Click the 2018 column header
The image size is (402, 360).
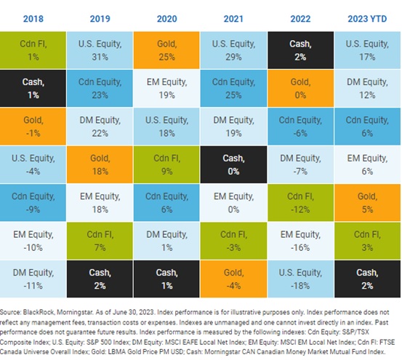click(33, 19)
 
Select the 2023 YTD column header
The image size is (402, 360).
click(367, 19)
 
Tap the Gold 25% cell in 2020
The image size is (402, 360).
click(166, 50)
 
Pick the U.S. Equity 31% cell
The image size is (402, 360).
click(100, 50)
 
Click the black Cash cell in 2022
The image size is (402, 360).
click(300, 50)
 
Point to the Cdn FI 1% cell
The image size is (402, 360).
click(33, 50)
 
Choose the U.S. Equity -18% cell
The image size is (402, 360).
click(300, 279)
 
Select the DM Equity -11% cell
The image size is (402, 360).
click(33, 279)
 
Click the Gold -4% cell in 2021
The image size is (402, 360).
click(233, 279)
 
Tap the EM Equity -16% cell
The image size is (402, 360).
click(300, 241)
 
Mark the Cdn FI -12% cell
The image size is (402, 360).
click(300, 203)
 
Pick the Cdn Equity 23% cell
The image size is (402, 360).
click(100, 88)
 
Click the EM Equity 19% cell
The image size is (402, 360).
click(166, 88)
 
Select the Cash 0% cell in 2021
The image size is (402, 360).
click(233, 164)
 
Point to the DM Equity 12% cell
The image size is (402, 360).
click(367, 88)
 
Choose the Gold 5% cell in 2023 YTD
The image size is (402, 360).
click(367, 203)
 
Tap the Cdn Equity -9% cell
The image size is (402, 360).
click(33, 203)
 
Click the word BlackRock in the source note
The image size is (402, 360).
click(39, 312)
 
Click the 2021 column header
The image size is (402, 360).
click(233, 19)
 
